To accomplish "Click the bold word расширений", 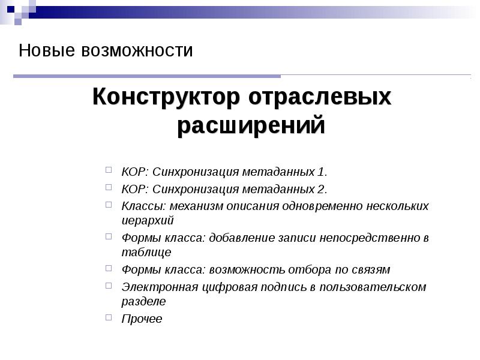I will pos(251,126).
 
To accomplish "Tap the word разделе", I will pos(143,301).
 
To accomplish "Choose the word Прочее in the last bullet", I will pos(142,319).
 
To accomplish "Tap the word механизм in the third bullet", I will pos(194,206).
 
